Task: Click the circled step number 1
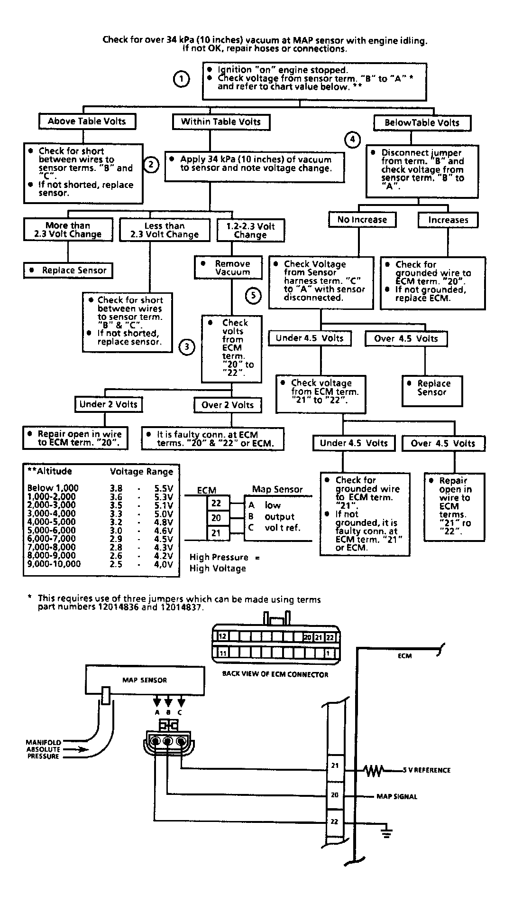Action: click(181, 79)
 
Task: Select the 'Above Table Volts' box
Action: click(87, 121)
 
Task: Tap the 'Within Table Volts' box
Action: click(221, 122)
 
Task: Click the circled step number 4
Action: click(352, 140)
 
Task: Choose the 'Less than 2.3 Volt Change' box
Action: click(164, 230)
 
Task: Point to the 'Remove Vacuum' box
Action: click(229, 268)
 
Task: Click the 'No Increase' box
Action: click(362, 220)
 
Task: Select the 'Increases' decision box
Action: click(448, 220)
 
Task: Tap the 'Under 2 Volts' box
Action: click(109, 404)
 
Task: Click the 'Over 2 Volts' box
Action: click(228, 405)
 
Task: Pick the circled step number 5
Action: click(253, 296)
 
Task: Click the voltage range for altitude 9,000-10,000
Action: click(141, 564)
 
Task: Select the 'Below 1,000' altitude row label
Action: click(53, 488)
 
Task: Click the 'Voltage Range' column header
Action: click(141, 471)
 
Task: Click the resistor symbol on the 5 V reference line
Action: click(373, 770)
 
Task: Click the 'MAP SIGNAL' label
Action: click(397, 796)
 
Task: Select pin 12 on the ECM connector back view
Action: click(222, 636)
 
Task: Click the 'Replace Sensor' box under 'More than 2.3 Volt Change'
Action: click(68, 271)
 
